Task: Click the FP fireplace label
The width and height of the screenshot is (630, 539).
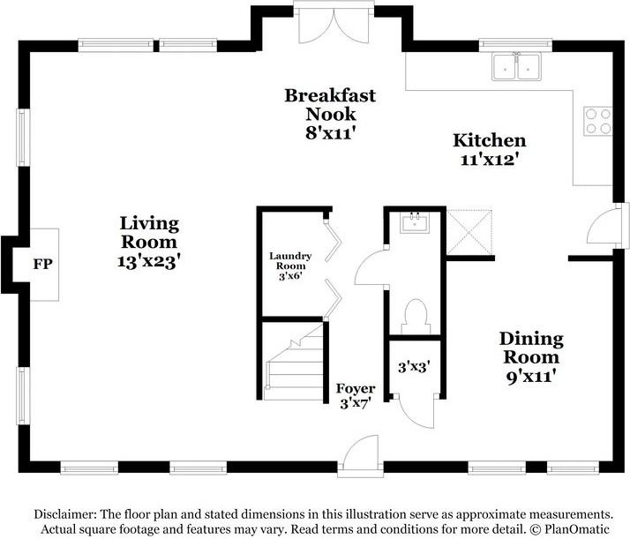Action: tap(41, 264)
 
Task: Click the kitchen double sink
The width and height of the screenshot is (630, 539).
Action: tap(517, 66)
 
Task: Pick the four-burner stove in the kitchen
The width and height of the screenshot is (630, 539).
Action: tap(597, 121)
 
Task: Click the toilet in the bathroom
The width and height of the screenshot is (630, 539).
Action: tap(414, 315)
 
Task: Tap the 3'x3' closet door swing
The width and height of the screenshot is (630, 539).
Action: tap(412, 408)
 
